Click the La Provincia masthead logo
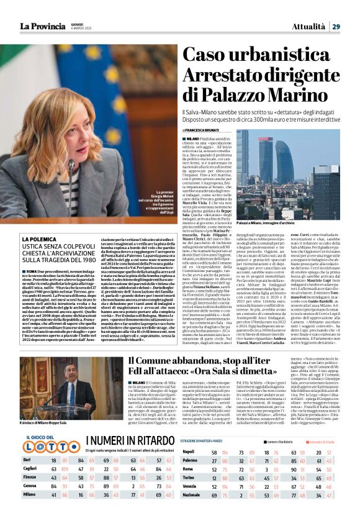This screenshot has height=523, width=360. point(41,26)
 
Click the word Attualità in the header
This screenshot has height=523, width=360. point(308,26)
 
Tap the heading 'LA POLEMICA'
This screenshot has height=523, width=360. point(38,239)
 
